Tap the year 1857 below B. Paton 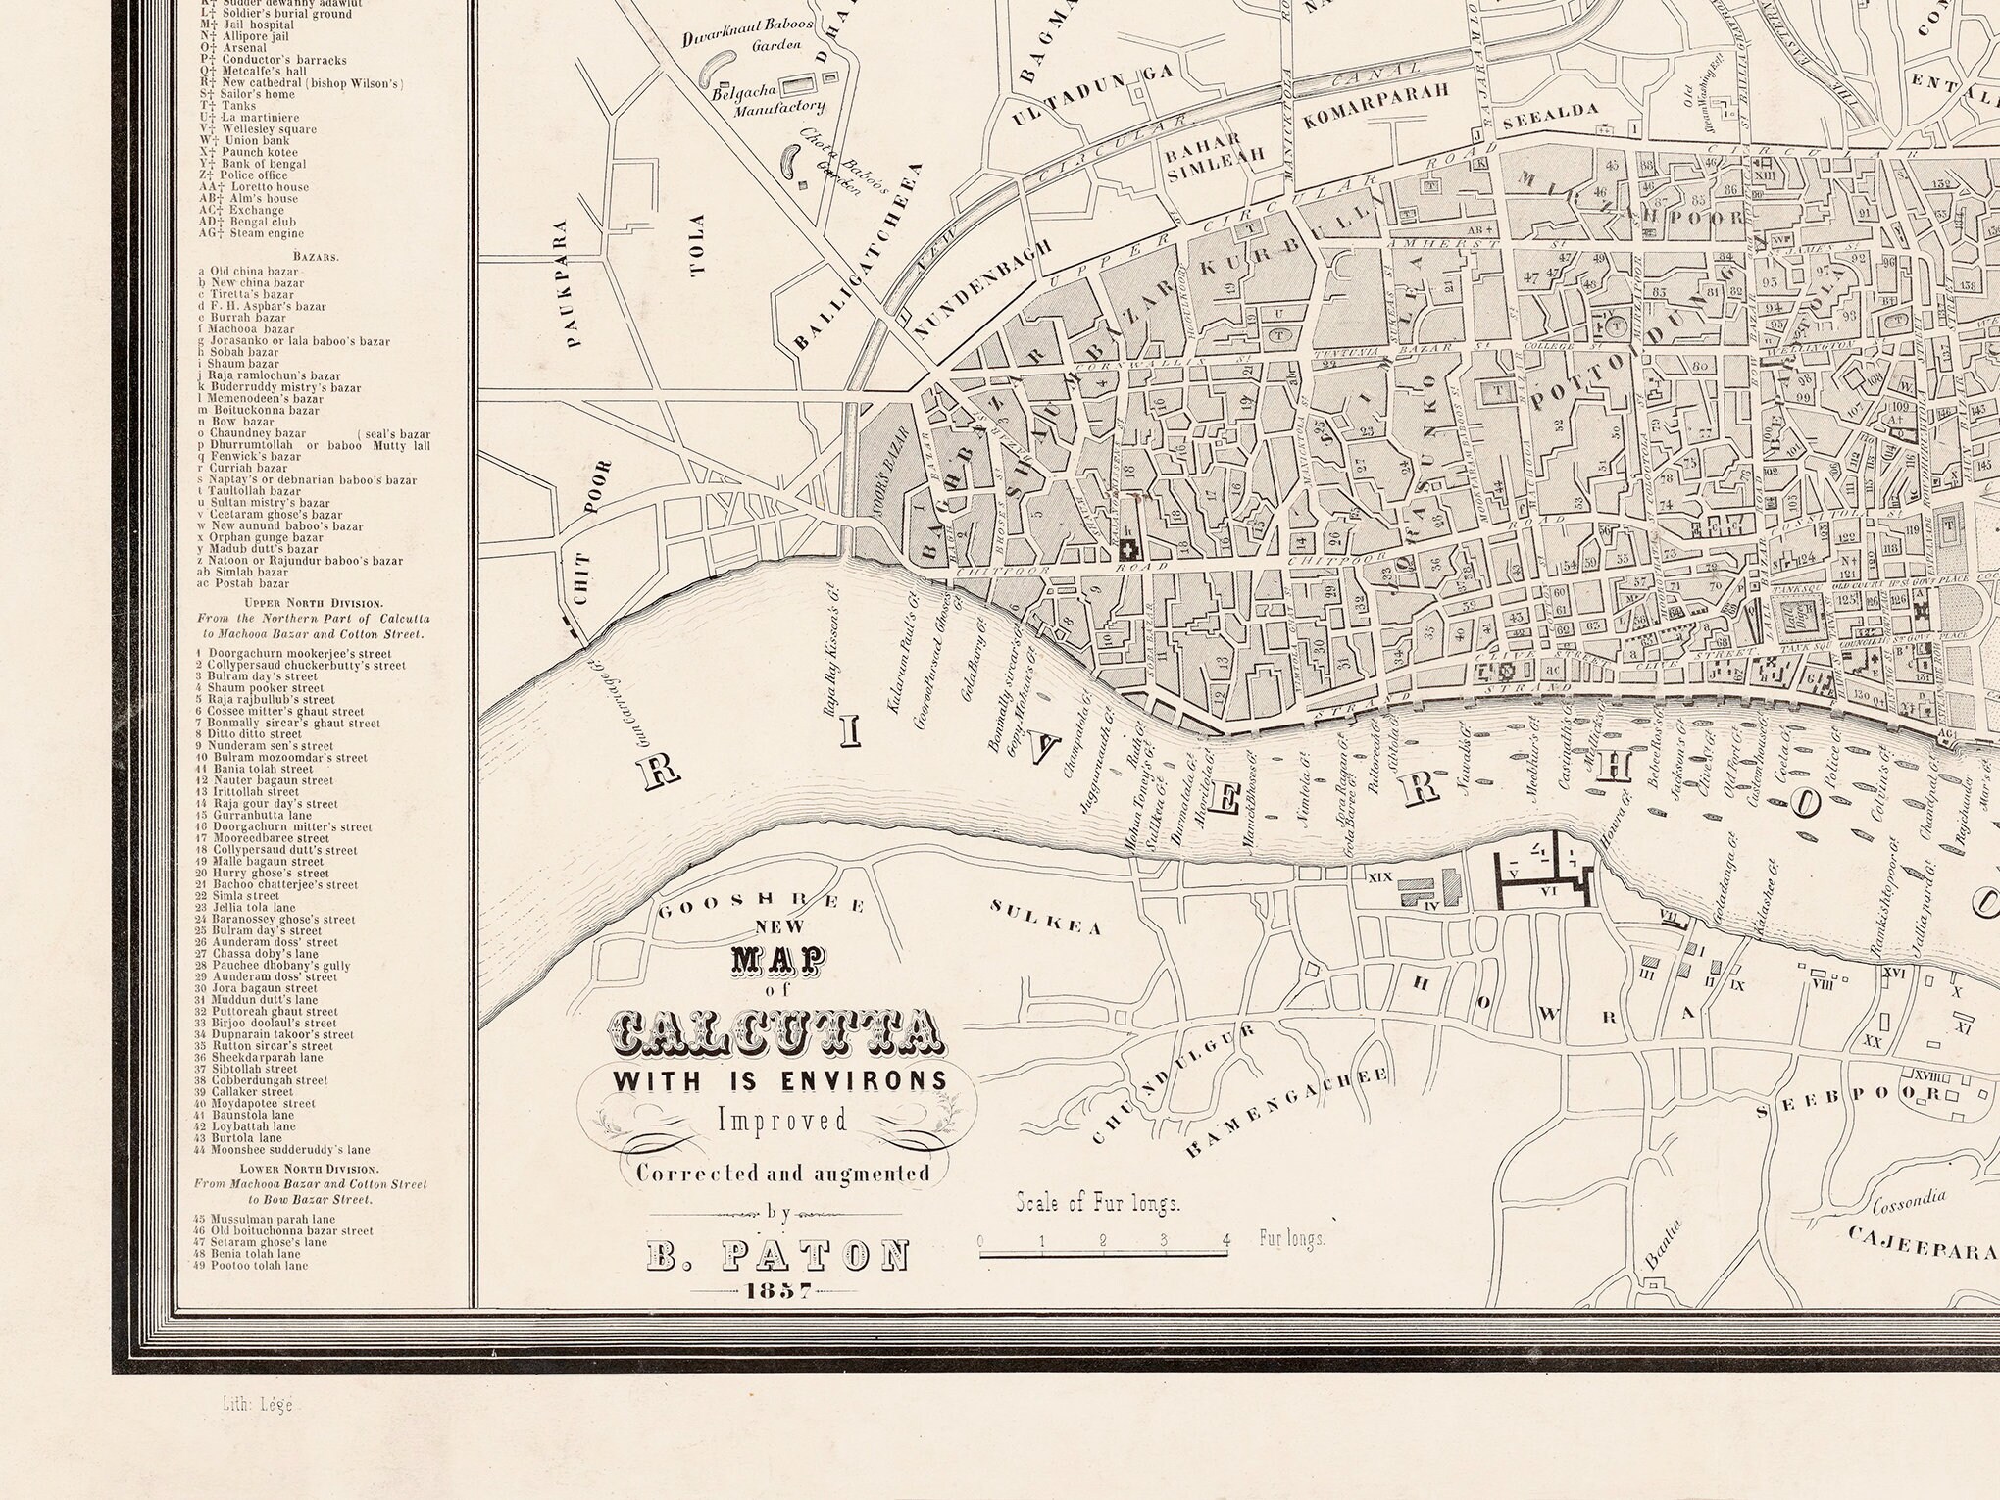[777, 1290]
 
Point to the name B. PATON [777, 1256]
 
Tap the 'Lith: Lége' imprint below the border [251, 1404]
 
